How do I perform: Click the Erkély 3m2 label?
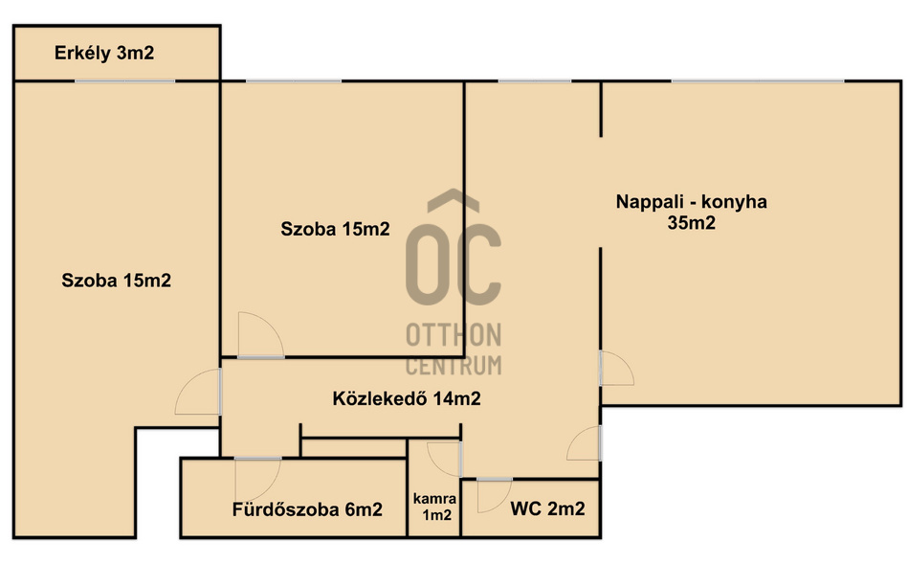(x=104, y=53)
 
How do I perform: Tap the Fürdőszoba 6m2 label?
(x=307, y=509)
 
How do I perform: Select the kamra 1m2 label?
(x=435, y=507)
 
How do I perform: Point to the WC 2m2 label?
(x=547, y=508)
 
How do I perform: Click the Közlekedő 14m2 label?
(x=407, y=398)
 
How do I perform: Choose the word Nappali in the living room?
(x=649, y=202)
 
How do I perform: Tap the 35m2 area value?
(x=692, y=222)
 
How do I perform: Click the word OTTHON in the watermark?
(x=454, y=335)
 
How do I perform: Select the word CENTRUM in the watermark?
(x=454, y=365)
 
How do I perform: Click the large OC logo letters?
(x=454, y=263)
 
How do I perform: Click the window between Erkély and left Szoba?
(x=124, y=80)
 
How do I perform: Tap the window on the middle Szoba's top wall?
(x=294, y=80)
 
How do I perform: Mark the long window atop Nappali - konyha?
(x=758, y=80)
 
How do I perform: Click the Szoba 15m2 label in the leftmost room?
(x=117, y=281)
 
